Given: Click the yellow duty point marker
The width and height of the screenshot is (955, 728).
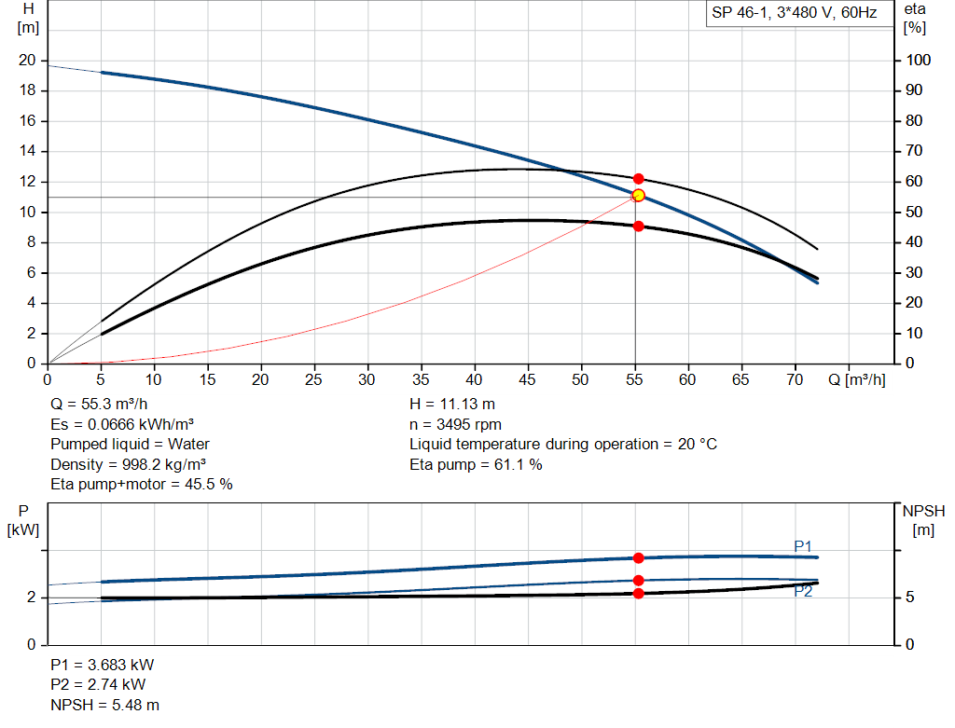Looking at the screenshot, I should (x=638, y=195).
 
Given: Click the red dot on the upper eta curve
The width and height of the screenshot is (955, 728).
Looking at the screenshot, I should (x=638, y=178).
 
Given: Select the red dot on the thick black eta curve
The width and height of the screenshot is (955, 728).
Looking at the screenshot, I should (x=638, y=226).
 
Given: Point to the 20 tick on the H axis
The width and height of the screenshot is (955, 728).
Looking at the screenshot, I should (x=27, y=61).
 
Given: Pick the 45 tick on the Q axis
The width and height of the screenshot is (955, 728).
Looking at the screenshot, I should (x=528, y=379).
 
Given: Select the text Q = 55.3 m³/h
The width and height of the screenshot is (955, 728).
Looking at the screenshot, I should (x=99, y=405).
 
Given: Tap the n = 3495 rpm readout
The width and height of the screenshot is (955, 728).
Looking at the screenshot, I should (x=455, y=424).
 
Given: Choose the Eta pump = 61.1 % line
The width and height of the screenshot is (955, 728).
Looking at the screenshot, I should (x=476, y=464).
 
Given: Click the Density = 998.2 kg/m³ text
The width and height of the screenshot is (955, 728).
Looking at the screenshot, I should (x=129, y=464).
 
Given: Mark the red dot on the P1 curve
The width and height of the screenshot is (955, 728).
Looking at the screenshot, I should (x=638, y=557).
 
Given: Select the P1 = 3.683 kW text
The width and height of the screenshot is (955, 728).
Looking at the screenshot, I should (x=103, y=666).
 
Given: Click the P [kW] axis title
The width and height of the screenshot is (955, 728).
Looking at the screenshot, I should (x=23, y=520).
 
